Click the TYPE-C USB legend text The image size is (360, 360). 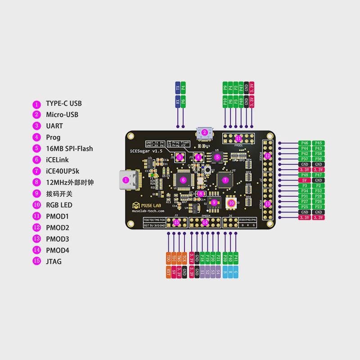point(63,103)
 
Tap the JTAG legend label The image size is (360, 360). point(54,261)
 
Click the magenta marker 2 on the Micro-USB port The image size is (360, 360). point(205,132)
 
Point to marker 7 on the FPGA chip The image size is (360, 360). point(226,180)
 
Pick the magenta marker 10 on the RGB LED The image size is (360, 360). point(231,203)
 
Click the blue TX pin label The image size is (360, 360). point(177,87)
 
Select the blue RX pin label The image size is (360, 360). point(177,102)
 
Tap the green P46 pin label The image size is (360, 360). point(305,143)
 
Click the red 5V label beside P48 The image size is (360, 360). point(305,180)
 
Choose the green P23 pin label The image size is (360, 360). point(318,207)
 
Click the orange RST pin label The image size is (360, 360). point(168,272)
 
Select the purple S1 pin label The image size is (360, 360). point(202,272)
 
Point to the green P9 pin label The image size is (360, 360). point(225,87)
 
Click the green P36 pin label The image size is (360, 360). point(318,159)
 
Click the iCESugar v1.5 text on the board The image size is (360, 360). point(146,151)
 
